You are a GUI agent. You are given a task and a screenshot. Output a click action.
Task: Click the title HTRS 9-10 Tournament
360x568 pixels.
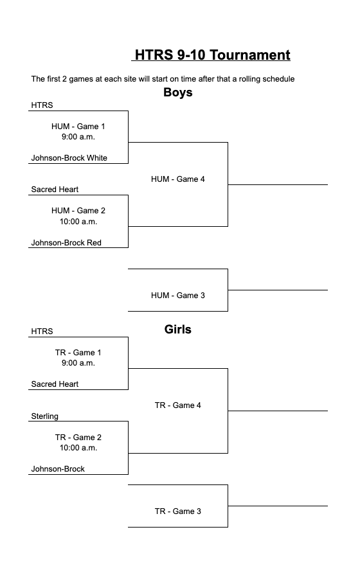(x=212, y=55)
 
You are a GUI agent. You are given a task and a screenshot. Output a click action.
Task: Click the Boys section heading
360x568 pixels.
(x=178, y=93)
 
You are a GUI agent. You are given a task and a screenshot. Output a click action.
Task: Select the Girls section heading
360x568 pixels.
(x=178, y=330)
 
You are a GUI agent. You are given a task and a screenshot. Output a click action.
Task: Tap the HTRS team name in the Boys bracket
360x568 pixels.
(x=42, y=105)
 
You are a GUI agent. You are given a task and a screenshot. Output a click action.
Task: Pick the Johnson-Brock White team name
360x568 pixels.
(x=69, y=158)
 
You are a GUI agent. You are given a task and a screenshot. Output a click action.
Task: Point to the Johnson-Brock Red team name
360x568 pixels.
(x=66, y=243)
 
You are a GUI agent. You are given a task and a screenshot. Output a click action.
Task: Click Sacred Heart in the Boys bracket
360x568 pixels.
(x=55, y=190)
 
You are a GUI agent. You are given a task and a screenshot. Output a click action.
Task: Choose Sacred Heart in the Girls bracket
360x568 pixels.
(x=55, y=384)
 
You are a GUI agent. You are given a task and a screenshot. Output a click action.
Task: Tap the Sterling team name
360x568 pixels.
(x=44, y=416)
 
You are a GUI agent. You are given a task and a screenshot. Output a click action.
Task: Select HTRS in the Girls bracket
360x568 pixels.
(x=42, y=332)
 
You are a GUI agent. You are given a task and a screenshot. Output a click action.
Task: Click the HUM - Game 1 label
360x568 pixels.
(x=78, y=127)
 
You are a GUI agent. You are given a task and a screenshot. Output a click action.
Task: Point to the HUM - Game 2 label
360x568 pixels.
(x=78, y=211)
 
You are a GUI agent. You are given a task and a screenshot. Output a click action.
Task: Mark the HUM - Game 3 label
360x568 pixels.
(x=178, y=296)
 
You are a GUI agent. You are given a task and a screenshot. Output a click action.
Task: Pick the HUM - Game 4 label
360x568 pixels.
(x=178, y=179)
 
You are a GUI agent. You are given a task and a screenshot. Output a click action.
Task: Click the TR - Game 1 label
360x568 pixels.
(x=78, y=353)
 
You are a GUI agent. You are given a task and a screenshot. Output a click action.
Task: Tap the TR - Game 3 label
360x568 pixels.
(x=178, y=511)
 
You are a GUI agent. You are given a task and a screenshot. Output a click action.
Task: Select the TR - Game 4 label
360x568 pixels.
(x=178, y=405)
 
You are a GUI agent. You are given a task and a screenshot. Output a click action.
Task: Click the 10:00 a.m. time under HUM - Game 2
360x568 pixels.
(x=78, y=222)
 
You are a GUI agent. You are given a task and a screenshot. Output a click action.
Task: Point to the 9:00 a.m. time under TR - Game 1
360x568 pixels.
(x=78, y=363)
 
